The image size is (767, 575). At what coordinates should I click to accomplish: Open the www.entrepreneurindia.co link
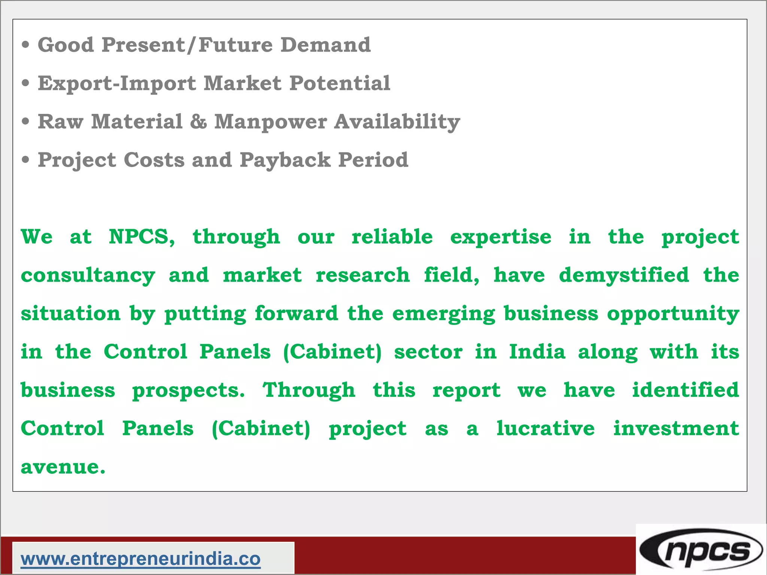click(x=140, y=559)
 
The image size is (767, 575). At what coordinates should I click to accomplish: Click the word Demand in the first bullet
click(x=325, y=45)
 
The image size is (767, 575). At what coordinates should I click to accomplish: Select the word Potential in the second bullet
click(x=340, y=83)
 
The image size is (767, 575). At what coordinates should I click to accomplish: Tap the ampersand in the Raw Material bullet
click(x=198, y=122)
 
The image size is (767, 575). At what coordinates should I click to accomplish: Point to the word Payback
click(x=285, y=160)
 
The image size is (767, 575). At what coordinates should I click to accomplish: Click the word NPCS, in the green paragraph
click(x=142, y=237)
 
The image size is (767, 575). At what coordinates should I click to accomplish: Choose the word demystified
click(x=624, y=275)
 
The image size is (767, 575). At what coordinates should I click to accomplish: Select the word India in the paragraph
click(x=537, y=352)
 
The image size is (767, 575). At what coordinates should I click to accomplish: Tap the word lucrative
click(x=545, y=428)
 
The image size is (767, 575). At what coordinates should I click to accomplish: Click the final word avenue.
click(x=63, y=467)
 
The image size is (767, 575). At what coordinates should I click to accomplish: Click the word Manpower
click(x=270, y=122)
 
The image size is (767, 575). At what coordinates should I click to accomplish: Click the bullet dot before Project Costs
click(x=25, y=160)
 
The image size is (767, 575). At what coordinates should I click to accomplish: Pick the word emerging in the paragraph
click(x=443, y=314)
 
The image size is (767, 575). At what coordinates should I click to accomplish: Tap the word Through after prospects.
click(x=309, y=390)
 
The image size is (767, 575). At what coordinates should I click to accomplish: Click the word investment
click(x=676, y=428)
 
